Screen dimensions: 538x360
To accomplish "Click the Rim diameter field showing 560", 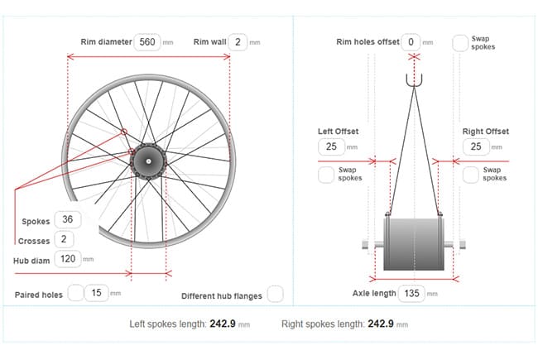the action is point(147,42).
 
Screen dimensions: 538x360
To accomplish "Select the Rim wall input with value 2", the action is point(238,42).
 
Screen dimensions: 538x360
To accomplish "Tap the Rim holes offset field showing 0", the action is point(411,42).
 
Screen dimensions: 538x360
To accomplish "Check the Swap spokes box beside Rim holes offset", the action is point(460,43).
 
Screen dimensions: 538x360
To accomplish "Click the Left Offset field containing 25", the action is point(331,146).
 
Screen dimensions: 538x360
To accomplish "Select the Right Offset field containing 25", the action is point(476,146).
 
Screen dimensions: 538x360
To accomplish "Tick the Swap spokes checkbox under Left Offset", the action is point(326,175).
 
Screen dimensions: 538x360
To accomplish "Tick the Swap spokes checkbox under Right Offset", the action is point(471,175).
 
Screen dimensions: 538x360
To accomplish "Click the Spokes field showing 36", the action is point(68,219).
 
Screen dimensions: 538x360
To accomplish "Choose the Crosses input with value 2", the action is point(64,239).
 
